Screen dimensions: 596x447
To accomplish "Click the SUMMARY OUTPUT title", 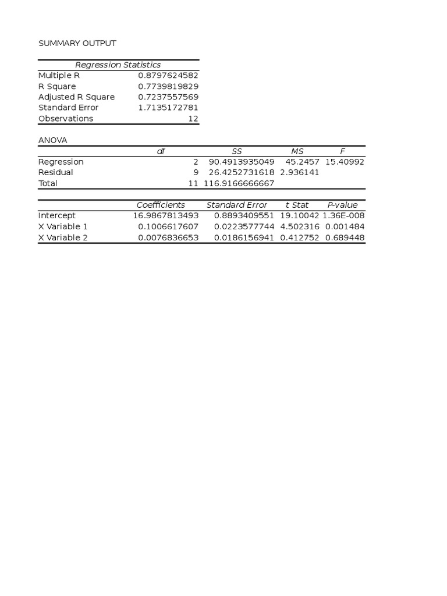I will pos(77,44).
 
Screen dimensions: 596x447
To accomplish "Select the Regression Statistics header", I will pos(118,65).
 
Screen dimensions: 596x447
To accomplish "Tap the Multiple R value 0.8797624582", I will pos(168,76).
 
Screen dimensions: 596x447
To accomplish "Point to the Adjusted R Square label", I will pos(76,97).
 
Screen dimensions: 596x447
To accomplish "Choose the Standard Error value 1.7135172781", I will pos(168,108).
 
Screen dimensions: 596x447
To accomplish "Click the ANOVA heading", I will pos(53,140).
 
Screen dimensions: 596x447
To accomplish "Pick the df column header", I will pos(161,151).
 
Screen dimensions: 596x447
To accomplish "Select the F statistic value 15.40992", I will pos(345,162).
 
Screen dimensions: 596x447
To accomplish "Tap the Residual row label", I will pos(56,172).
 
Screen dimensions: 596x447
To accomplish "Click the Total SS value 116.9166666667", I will pos(239,183).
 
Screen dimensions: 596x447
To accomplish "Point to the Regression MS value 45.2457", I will pos(303,162).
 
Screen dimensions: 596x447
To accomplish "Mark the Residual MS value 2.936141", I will pos(300,172).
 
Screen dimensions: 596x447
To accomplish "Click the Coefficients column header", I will pos(161,205).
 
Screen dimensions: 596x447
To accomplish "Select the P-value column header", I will pos(343,205).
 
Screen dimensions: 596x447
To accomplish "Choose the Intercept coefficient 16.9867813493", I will pos(166,216).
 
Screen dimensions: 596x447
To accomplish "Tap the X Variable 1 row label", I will pos(63,226).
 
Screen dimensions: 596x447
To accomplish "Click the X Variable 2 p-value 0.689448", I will pos(345,237).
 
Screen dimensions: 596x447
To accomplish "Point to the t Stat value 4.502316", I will pos(300,226).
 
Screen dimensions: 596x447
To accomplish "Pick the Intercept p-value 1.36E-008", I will pos(343,216).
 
